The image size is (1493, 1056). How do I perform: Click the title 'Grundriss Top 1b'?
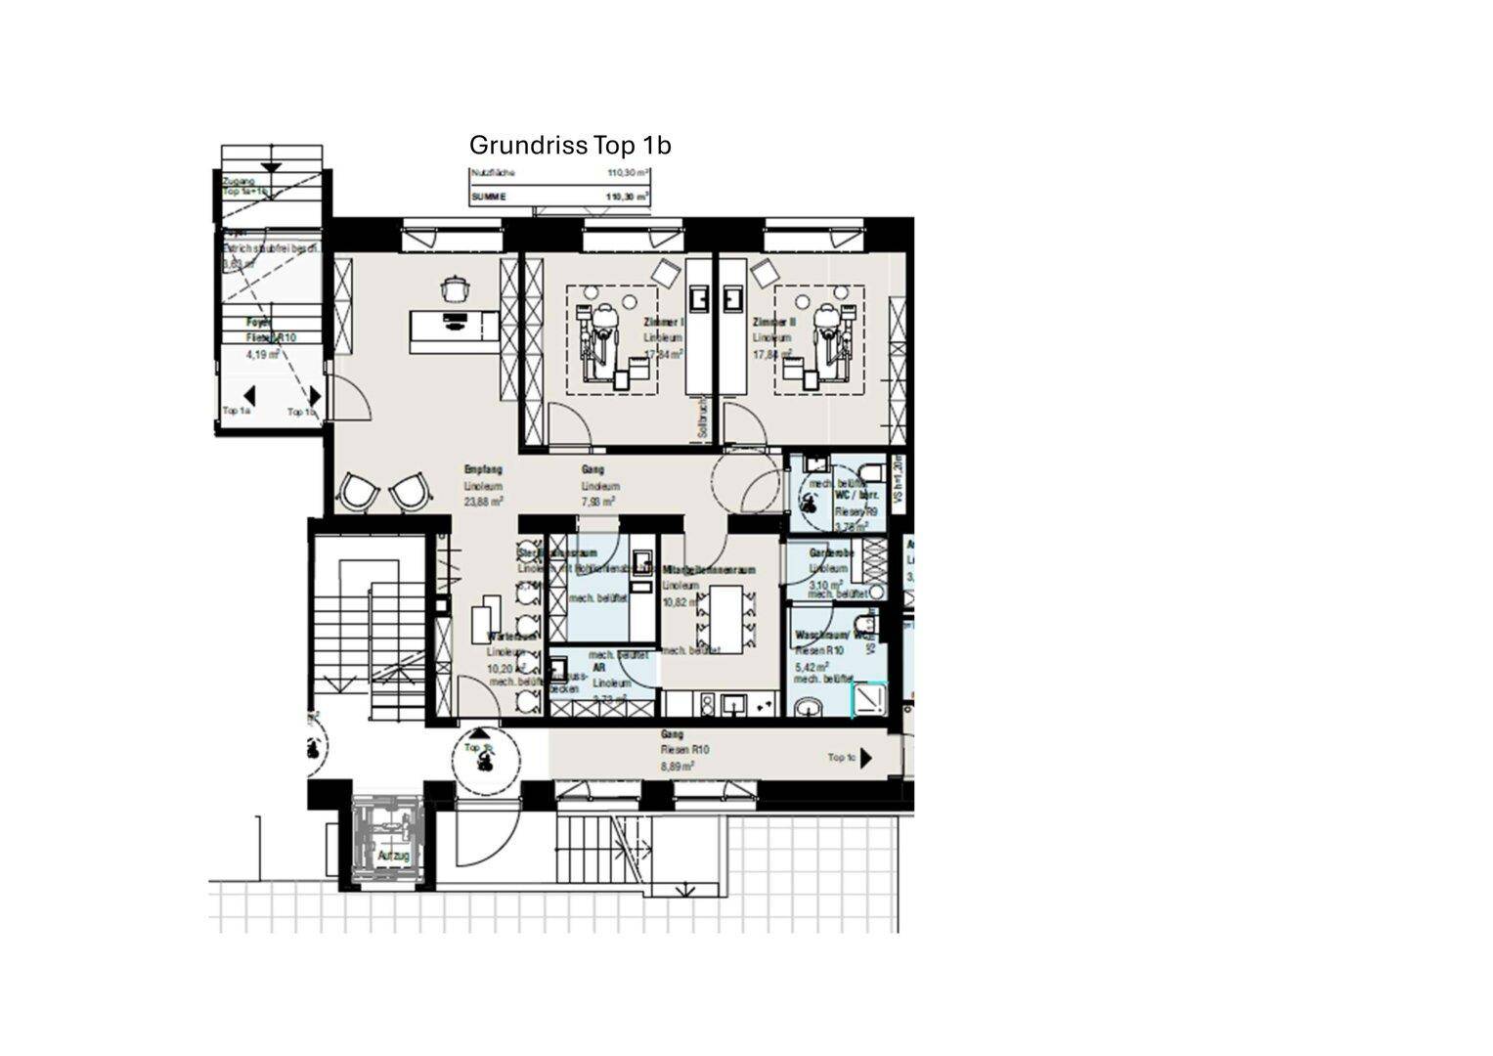pyautogui.click(x=570, y=146)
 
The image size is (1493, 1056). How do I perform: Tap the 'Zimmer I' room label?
pyautogui.click(x=664, y=322)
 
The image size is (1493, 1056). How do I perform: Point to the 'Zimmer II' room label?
pyautogui.click(x=774, y=322)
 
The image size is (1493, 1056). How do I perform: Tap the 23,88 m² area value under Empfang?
pyautogui.click(x=483, y=502)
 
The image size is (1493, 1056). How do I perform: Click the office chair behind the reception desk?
pyautogui.click(x=455, y=288)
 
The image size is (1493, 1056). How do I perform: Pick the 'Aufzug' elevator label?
pyautogui.click(x=393, y=857)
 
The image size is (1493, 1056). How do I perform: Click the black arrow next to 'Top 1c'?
pyautogui.click(x=866, y=759)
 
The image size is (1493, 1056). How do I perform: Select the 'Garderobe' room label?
pyautogui.click(x=831, y=553)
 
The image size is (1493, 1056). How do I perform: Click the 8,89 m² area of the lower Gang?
pyautogui.click(x=677, y=767)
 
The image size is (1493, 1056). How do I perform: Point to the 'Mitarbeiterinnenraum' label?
pyautogui.click(x=709, y=570)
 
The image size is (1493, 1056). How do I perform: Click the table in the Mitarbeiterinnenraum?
pyautogui.click(x=725, y=613)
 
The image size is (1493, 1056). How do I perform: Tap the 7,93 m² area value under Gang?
pyautogui.click(x=598, y=502)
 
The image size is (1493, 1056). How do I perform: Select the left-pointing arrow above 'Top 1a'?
pyautogui.click(x=249, y=396)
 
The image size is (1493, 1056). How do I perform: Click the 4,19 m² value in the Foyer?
pyautogui.click(x=263, y=355)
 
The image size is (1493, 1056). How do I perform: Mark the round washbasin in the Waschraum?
pyautogui.click(x=809, y=706)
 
